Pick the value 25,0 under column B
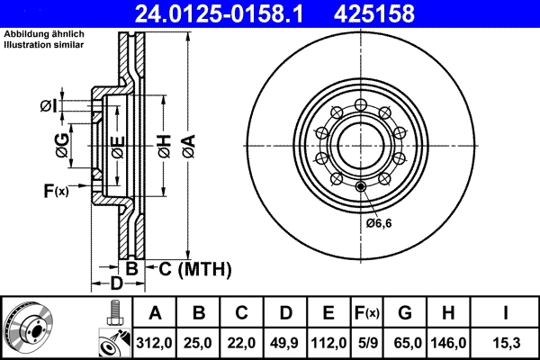(199, 343)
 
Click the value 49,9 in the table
(285, 343)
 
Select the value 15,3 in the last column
(506, 343)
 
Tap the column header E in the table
(328, 313)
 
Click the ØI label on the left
(49, 107)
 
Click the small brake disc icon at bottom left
(28, 327)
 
